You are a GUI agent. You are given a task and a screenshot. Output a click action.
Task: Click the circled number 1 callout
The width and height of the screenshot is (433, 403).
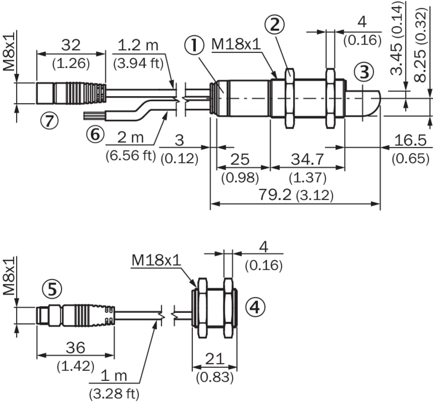point(194,46)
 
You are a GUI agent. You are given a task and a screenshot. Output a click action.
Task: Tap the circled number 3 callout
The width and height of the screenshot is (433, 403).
point(364,72)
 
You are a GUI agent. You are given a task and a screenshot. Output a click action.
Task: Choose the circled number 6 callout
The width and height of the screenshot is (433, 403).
point(95,134)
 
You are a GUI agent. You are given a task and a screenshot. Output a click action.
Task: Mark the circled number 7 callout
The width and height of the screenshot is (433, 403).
point(50,121)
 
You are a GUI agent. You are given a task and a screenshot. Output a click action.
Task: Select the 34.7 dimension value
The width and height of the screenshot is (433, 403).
point(307,160)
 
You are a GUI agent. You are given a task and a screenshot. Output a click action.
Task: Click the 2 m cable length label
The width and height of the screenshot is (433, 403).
point(129,137)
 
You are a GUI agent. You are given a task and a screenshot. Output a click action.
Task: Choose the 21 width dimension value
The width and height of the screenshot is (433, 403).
point(214,359)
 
